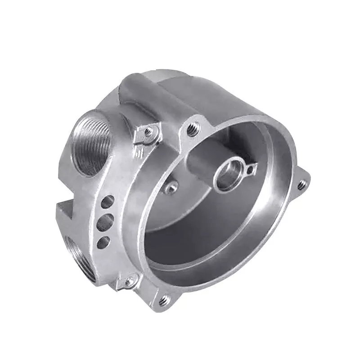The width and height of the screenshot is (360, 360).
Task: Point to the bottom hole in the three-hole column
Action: [x=103, y=242]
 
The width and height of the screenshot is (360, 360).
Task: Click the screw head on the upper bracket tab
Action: [x=148, y=132]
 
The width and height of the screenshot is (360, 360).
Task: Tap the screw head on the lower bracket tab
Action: [x=130, y=282]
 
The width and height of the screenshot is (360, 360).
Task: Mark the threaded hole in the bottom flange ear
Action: [x=164, y=299]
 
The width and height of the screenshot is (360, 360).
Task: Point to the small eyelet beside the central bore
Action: [x=248, y=168]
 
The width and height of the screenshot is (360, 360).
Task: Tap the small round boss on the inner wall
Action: [x=171, y=187]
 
